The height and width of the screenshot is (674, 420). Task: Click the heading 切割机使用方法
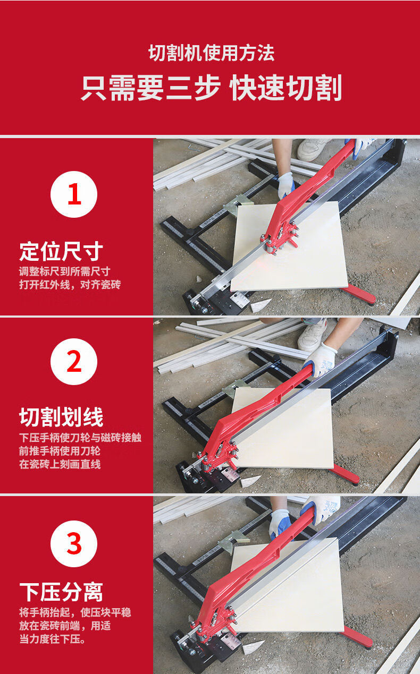[211, 53]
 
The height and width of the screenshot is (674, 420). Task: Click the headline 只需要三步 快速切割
[212, 88]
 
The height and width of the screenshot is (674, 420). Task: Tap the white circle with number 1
[74, 194]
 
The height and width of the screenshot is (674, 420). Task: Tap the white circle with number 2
[74, 362]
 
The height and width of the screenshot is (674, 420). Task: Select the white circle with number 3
[74, 544]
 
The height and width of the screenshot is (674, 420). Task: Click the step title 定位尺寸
[61, 252]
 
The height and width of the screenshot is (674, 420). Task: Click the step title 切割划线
[61, 417]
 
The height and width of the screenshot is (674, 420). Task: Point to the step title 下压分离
[61, 592]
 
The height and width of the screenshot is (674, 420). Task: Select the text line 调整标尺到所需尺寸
[64, 271]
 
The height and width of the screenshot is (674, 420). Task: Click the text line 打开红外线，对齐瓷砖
[70, 284]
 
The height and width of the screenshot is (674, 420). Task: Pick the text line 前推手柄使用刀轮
[60, 451]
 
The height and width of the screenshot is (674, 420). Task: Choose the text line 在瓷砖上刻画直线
[60, 464]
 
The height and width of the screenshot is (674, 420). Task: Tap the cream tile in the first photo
[289, 247]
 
